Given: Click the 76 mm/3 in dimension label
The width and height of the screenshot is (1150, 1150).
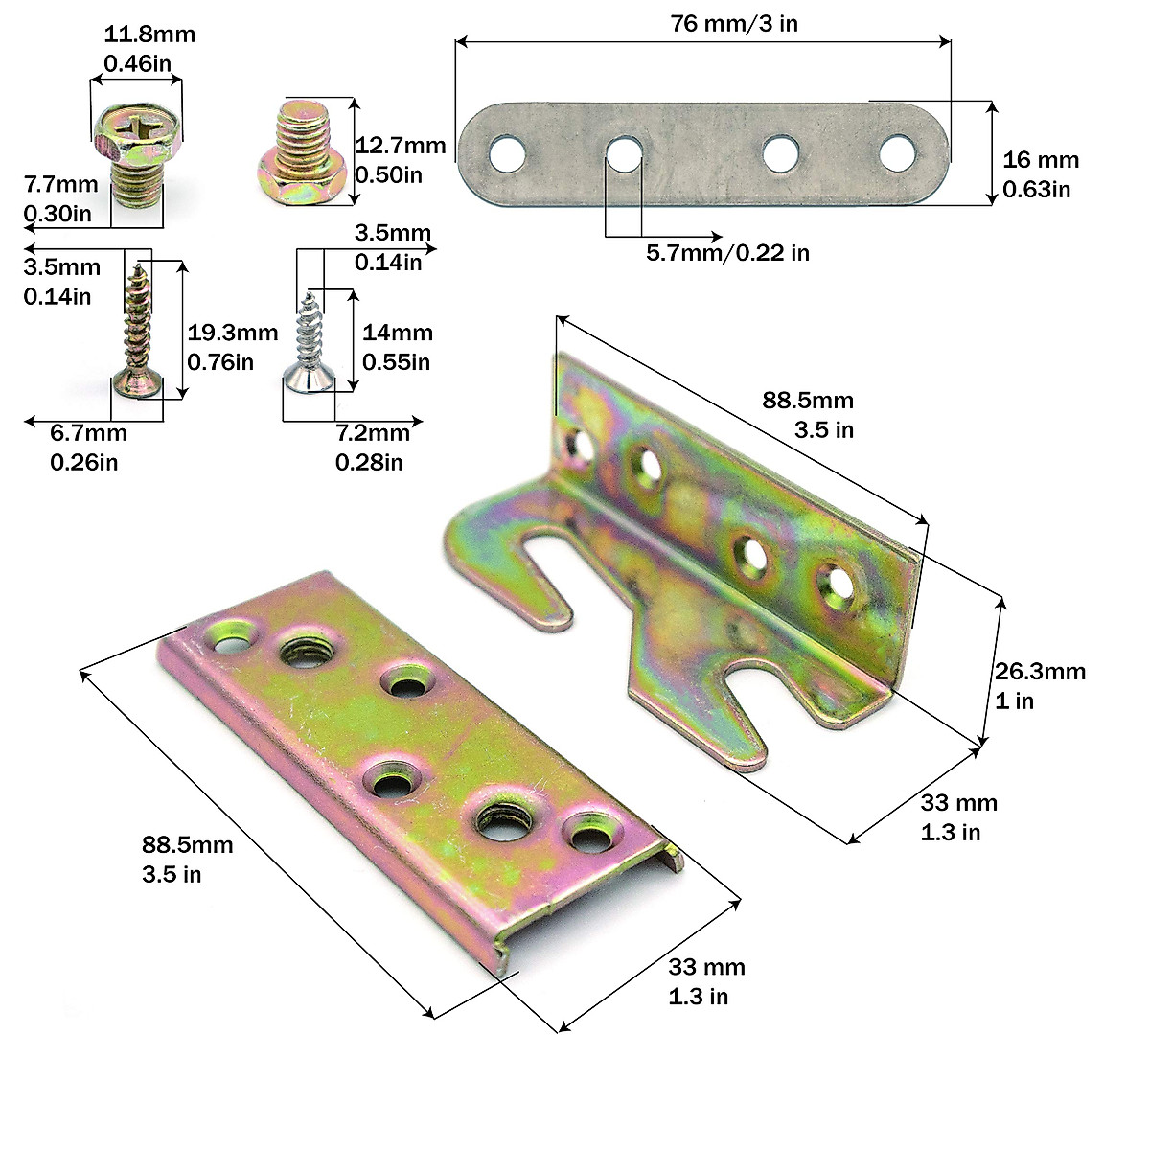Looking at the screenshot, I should pyautogui.click(x=734, y=24).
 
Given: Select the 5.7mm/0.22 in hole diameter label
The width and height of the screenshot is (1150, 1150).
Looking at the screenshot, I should pyautogui.click(x=727, y=253).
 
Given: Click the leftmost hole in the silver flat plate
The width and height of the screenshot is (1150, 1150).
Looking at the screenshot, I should pyautogui.click(x=508, y=153).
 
